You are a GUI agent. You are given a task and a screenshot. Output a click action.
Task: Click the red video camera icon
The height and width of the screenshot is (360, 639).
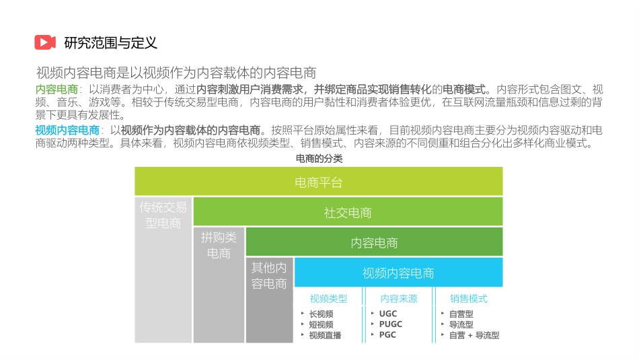tap(45, 42)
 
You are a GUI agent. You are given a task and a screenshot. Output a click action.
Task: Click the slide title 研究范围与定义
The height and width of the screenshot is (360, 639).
tap(110, 43)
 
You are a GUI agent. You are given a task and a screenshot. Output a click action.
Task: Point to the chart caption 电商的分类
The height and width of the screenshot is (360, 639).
tap(319, 159)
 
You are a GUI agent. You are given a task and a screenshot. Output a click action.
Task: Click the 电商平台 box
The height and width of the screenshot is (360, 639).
tap(319, 182)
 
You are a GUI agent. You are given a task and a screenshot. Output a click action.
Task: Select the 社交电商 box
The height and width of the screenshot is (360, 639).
tap(348, 213)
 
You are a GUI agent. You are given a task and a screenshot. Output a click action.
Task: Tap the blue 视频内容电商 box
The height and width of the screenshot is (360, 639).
tap(398, 273)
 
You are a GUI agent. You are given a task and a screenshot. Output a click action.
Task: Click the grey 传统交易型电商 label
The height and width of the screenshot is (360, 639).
tap(163, 215)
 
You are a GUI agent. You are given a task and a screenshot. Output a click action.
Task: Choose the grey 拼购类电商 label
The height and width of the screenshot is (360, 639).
tap(219, 245)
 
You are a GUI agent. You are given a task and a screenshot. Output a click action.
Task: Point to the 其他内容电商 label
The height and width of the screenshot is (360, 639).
tap(269, 275)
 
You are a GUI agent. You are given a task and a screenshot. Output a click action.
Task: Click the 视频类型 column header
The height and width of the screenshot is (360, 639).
tap(329, 299)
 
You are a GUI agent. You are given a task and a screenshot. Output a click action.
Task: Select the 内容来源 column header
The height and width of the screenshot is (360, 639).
tap(398, 299)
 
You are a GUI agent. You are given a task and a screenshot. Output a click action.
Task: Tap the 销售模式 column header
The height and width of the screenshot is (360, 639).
tap(469, 299)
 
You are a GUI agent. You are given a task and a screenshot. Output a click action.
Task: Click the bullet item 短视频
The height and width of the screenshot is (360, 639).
tap(321, 324)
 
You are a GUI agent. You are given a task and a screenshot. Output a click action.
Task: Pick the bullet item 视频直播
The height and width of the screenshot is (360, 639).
tap(325, 335)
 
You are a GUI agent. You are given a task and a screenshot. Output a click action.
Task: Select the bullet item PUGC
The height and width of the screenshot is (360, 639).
tap(391, 324)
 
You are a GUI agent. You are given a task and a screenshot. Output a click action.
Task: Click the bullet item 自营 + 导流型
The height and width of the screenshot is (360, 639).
tap(474, 335)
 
